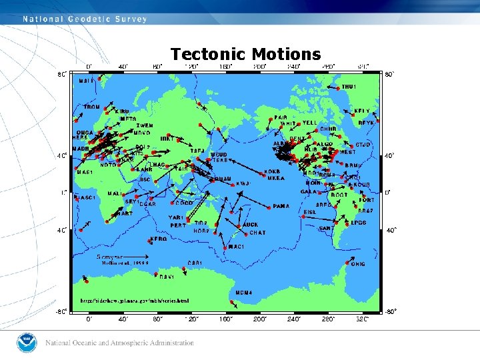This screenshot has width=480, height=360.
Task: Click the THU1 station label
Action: (349, 87)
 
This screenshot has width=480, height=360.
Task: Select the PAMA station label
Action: (281, 207)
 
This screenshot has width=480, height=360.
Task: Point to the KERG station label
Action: (159, 239)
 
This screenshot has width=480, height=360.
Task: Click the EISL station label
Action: (311, 213)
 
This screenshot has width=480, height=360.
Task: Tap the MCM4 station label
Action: (243, 293)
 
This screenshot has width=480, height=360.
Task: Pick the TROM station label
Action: (91, 107)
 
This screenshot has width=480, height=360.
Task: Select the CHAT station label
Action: (257, 233)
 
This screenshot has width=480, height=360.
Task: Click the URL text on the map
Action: (134, 301)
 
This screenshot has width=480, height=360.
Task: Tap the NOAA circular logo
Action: (26, 343)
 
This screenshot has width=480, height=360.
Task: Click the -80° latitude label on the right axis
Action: (392, 311)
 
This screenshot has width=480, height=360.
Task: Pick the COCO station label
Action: (184, 203)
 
